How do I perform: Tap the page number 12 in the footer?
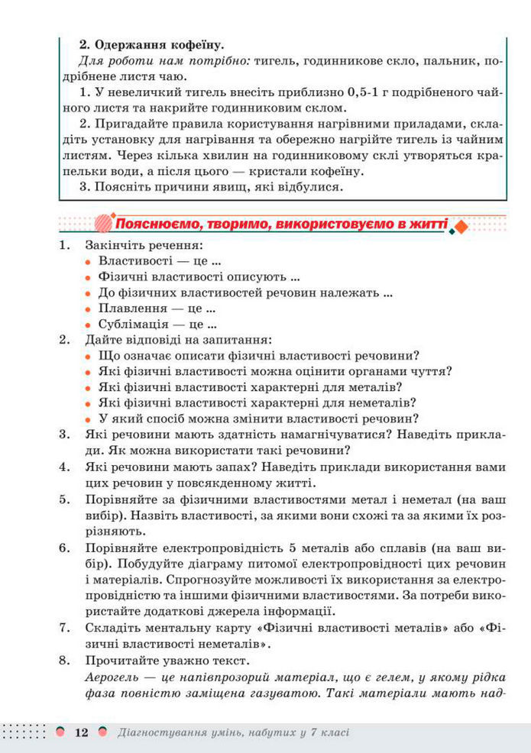tap(80, 732)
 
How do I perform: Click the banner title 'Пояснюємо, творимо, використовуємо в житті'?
tap(281, 225)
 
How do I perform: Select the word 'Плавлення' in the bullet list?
tap(133, 309)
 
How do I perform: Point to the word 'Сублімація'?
tap(137, 324)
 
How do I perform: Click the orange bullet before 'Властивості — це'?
tap(89, 262)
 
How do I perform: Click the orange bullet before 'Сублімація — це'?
tap(89, 325)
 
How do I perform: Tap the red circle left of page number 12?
tap(60, 732)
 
